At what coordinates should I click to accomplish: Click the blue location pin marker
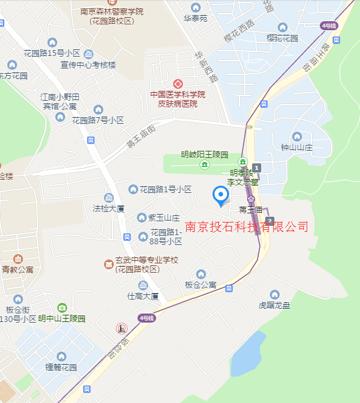[x=221, y=196]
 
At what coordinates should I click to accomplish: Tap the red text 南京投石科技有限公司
[x=247, y=227]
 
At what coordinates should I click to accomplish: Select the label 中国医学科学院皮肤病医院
[x=178, y=99]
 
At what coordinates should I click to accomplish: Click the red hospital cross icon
[x=178, y=84]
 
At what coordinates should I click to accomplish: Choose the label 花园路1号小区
[x=165, y=189]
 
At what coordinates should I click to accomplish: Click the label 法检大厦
[x=109, y=208]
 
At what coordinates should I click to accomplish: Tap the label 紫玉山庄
[x=159, y=217]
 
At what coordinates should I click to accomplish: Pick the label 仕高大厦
[x=143, y=296]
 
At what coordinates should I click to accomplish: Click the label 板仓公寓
[x=201, y=284]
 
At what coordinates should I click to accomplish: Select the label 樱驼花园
[x=283, y=39]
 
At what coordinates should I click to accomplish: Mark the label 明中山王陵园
[x=62, y=318]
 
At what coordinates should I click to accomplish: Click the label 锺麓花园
[x=61, y=366]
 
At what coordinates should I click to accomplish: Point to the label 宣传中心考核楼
[x=88, y=65]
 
